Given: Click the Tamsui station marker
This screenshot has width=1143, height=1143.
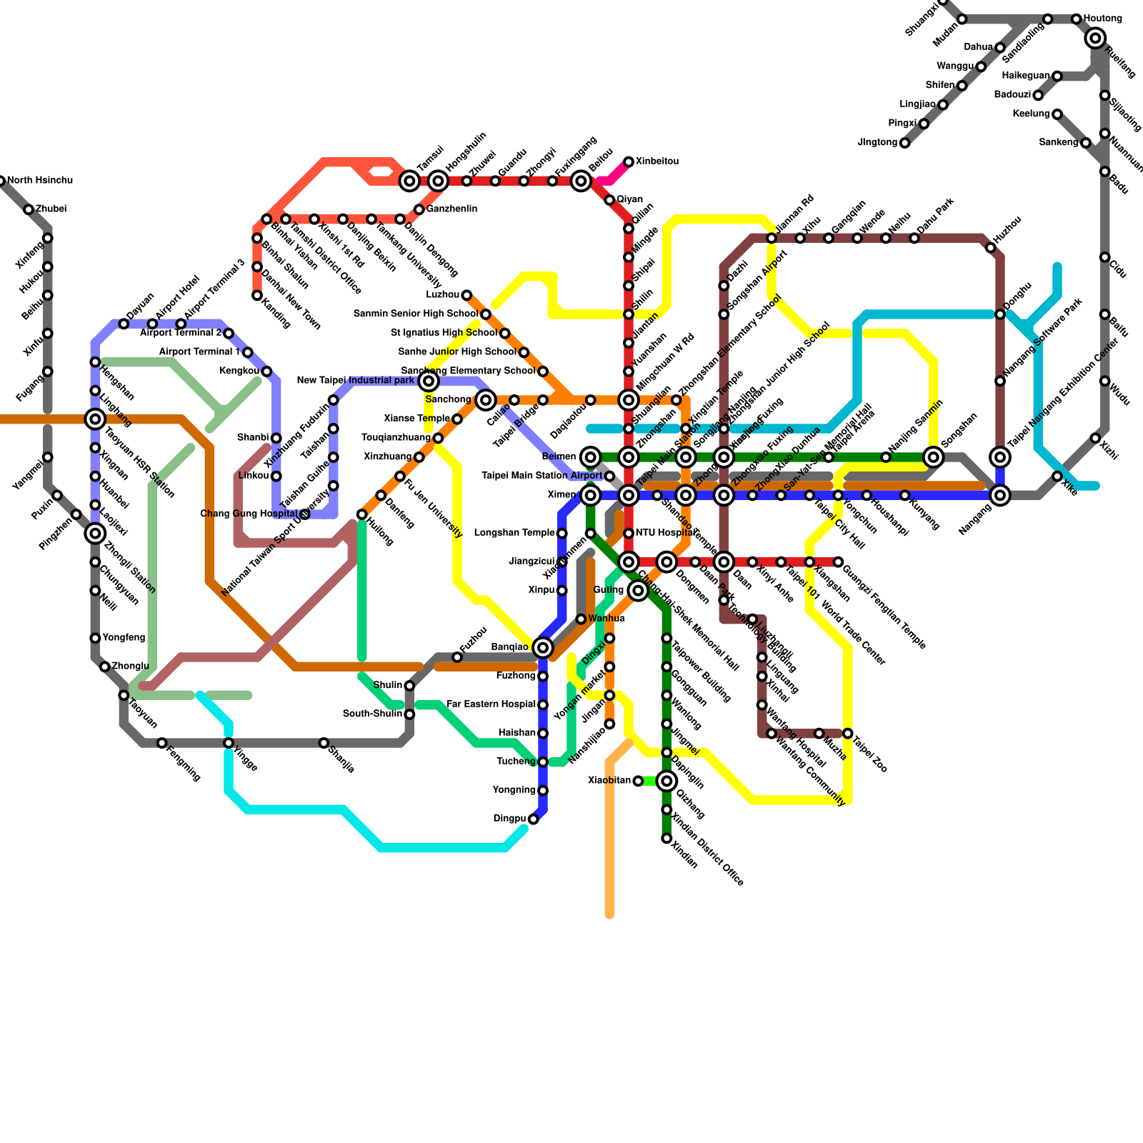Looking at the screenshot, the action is coord(409,181).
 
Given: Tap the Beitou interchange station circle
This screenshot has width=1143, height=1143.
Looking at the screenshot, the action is coord(582,181).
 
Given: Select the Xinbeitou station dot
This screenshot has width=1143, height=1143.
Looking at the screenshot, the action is coord(629,162).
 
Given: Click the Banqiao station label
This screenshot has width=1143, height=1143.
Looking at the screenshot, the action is coord(510,647).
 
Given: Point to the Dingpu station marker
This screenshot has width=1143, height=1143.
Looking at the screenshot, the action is coord(533,819).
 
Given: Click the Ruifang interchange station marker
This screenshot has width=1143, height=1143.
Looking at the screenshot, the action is coord(1096,39).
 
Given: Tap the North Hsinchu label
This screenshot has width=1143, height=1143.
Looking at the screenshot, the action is coord(40,181).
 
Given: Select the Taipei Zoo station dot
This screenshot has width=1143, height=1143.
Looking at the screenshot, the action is coord(847,734).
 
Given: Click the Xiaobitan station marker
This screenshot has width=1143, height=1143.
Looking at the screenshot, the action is coord(638,781).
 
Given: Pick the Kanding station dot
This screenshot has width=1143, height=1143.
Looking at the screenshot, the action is coord(256,295).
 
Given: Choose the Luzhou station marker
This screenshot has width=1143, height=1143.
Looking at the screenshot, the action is coord(466,295).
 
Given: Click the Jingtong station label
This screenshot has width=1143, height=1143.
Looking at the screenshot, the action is coord(877,143).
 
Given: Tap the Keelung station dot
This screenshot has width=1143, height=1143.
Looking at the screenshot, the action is coord(1057,114).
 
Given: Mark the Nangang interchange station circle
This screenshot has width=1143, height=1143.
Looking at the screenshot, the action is coord(1000,495).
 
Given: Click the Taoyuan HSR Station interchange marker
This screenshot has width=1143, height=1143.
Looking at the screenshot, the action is coord(95,419).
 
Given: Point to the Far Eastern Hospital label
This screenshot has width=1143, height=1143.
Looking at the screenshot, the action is coord(491,704).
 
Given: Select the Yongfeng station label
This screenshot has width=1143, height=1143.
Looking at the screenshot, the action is coord(124,638).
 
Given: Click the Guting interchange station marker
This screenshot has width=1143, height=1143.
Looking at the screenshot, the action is coord(639,590).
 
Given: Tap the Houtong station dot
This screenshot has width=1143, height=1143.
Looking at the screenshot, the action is coord(1077,19).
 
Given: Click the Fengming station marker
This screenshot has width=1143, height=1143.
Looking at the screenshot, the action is coord(161,743).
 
